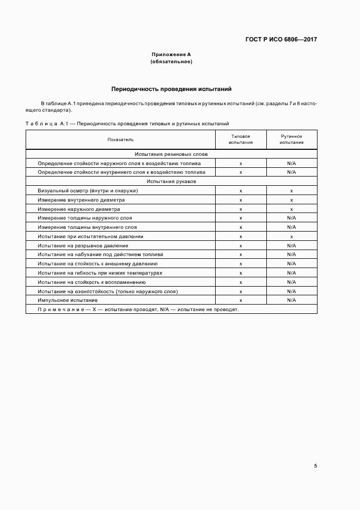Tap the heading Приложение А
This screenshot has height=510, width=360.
171,55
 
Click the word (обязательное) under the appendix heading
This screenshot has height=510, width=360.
171,62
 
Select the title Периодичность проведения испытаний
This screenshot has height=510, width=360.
172,89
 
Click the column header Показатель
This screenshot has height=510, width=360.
120,139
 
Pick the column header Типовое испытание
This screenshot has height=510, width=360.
241,139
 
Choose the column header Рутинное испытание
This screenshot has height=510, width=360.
291,139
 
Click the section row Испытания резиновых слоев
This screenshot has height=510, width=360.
171,154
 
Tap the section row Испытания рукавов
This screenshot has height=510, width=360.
171,181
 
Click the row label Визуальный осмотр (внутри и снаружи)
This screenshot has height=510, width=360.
88,191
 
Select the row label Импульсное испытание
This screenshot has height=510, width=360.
68,300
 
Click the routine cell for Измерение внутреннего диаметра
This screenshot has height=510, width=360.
291,200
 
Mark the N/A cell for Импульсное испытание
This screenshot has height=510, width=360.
291,300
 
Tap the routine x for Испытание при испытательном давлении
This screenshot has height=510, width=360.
291,236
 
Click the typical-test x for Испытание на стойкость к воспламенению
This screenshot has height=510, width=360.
241,282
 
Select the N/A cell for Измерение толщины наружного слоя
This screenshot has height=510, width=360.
291,218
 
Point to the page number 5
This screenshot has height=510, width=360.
315,466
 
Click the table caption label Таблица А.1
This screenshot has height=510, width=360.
46,124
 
